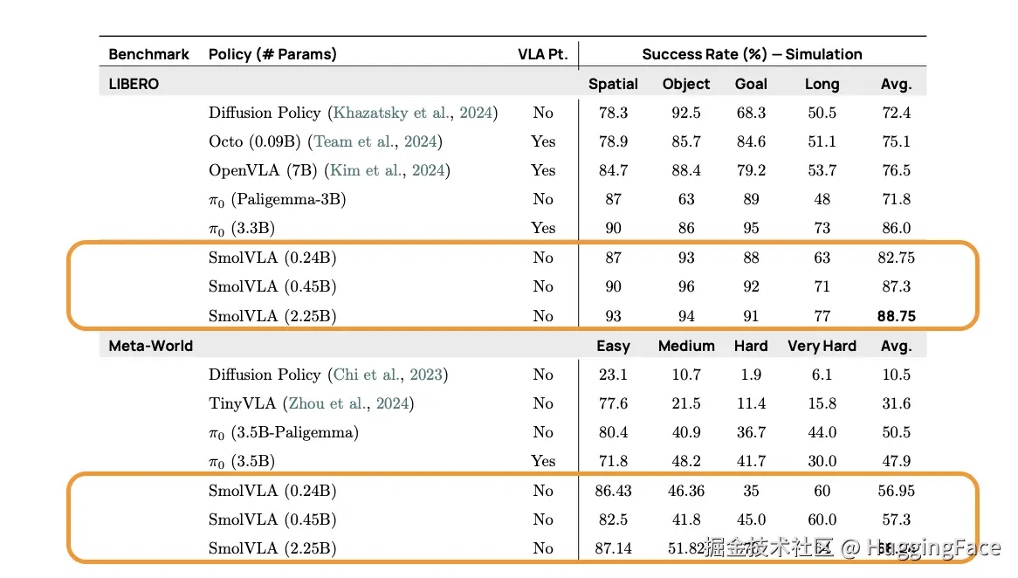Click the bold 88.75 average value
(897, 316)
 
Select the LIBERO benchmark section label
(134, 84)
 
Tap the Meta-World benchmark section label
(151, 346)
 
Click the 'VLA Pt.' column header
(542, 54)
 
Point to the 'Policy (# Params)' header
(272, 54)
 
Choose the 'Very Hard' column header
(822, 346)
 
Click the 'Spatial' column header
(613, 84)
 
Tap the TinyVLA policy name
(242, 403)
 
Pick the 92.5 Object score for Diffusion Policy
(686, 113)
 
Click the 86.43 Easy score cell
(613, 491)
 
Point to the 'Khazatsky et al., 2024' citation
(413, 113)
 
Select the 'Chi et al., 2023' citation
(389, 375)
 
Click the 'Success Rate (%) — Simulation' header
(752, 54)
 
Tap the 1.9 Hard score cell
(751, 375)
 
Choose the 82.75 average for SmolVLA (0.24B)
(897, 258)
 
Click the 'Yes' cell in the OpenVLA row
(543, 170)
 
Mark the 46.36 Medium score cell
(686, 491)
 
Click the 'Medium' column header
(686, 346)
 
